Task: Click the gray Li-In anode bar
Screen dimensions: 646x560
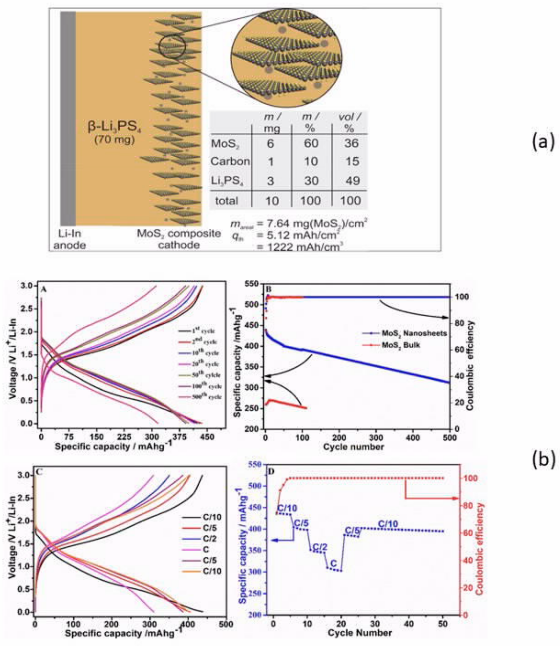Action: pos(68,119)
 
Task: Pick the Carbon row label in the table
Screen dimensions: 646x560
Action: pos(230,162)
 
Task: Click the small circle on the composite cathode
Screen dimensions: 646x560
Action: pos(172,46)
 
